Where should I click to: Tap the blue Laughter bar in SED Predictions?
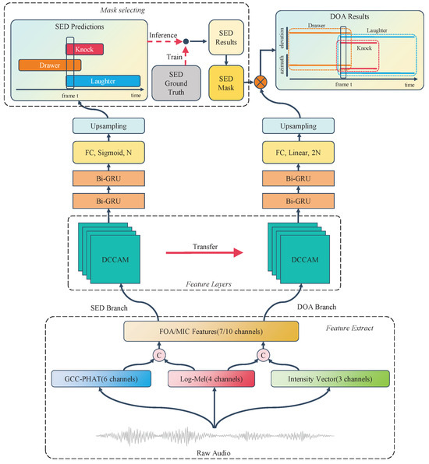(x=103, y=79)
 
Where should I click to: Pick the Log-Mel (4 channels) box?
(x=213, y=379)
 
